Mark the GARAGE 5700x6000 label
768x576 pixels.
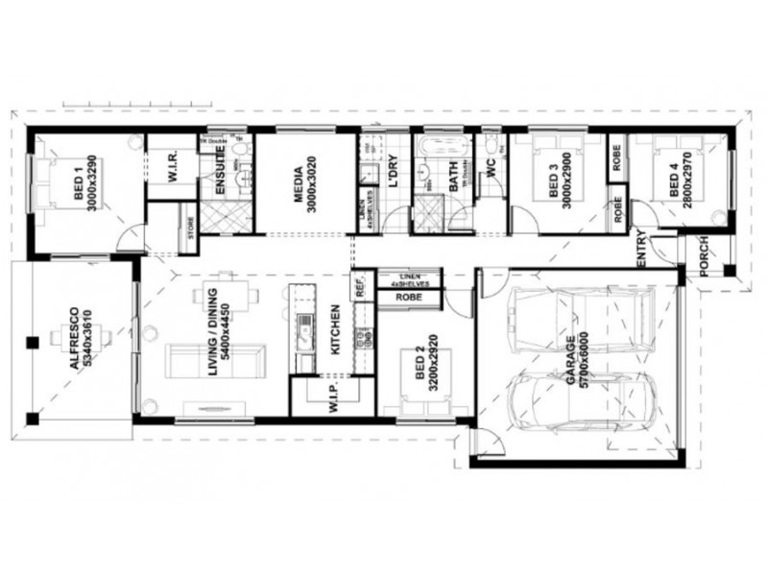tap(577, 360)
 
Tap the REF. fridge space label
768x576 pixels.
tap(361, 285)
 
